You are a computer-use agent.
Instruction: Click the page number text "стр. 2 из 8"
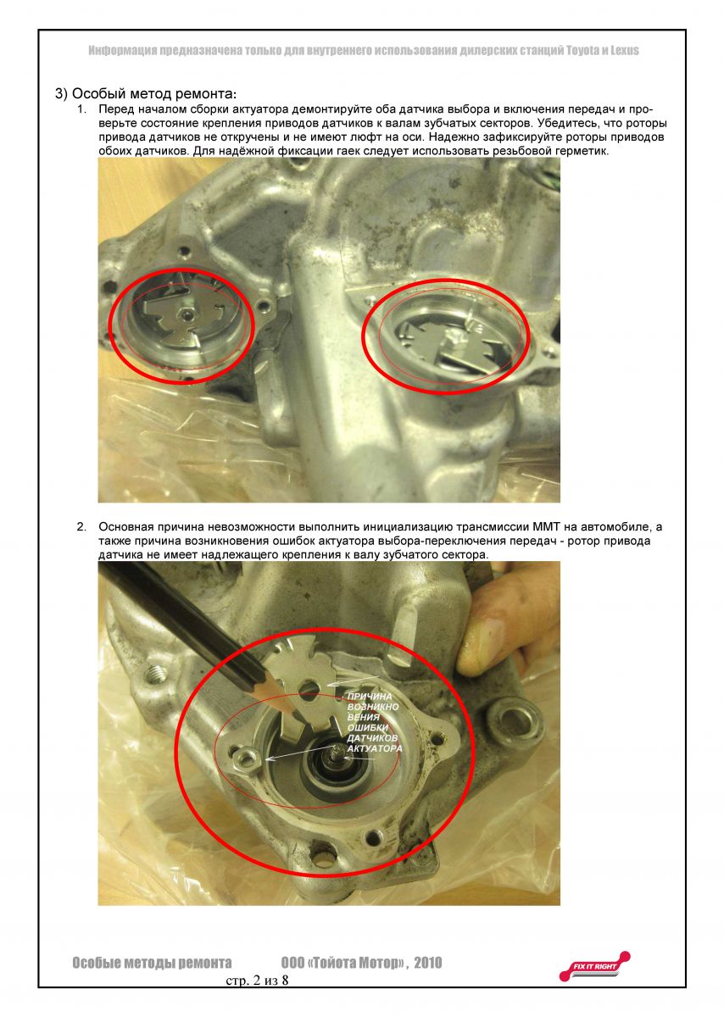coord(257,981)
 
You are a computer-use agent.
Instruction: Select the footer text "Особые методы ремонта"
coord(152,963)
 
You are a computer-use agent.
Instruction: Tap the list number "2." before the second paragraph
coord(81,527)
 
